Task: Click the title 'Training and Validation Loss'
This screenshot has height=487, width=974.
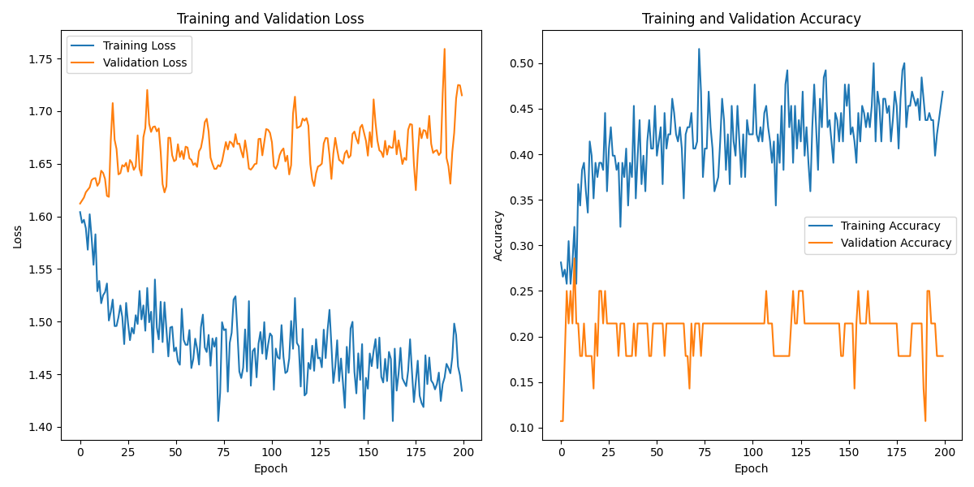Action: coord(270,19)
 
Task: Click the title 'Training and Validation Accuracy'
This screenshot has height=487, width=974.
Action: coord(752,19)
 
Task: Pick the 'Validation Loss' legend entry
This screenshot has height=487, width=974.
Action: coord(144,62)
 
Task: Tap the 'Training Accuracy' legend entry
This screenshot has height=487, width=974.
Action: coord(890,226)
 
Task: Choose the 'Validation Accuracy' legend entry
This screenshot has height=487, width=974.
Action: coord(896,243)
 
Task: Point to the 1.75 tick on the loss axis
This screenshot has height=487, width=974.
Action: coord(44,59)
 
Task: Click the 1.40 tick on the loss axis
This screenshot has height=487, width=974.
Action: coord(44,428)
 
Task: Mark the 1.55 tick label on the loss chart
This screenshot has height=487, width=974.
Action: coord(44,269)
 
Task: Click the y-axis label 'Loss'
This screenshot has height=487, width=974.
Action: coord(17,236)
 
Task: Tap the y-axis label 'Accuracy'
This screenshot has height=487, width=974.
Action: coord(498,236)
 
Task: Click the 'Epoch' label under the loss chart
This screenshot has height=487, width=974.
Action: coord(270,468)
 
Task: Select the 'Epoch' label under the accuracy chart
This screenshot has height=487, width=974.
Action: coord(752,468)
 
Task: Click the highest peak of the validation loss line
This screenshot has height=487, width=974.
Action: coord(444,49)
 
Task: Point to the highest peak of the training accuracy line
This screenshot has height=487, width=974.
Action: coord(699,49)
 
